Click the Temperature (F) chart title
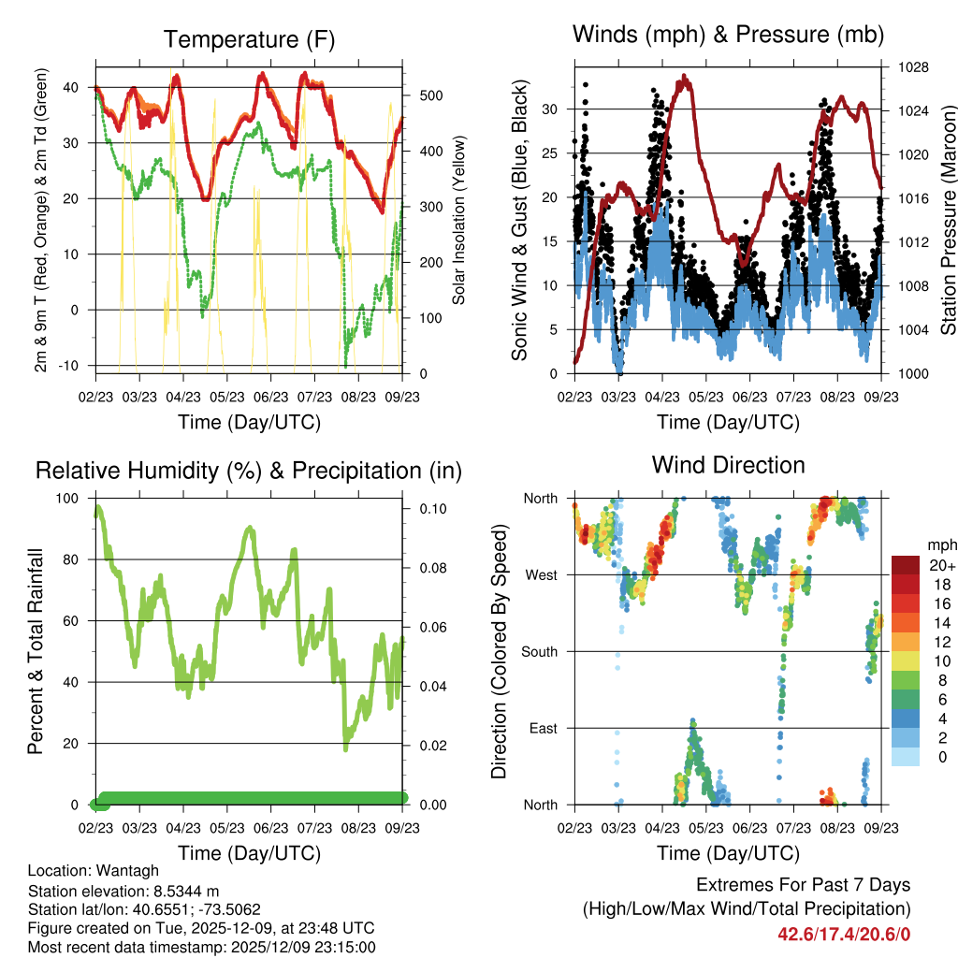click(249, 40)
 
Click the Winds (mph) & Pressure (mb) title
click(728, 36)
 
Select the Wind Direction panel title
click(728, 465)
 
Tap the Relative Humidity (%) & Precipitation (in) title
click(249, 471)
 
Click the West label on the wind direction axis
click(541, 574)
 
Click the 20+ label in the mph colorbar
click(943, 565)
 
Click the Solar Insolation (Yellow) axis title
click(459, 221)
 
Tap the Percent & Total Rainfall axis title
click(36, 651)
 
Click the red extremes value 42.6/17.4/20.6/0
click(844, 934)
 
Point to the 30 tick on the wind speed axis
click(551, 109)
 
